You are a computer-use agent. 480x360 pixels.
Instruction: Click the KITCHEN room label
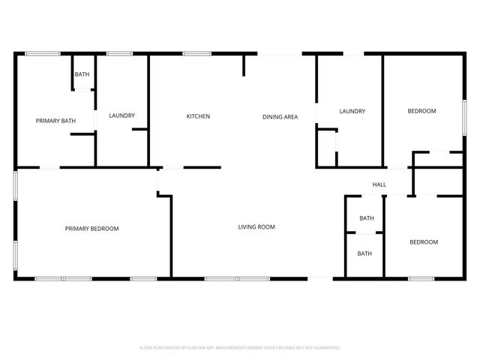(198, 116)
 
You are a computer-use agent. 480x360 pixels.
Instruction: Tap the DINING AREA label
(280, 116)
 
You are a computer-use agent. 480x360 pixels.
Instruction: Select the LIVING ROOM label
(256, 226)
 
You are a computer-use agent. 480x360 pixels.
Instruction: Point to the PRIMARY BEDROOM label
(91, 229)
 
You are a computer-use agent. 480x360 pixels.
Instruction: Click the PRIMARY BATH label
(56, 121)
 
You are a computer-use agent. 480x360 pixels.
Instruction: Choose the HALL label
(379, 184)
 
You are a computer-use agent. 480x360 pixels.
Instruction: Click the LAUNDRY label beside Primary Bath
(121, 115)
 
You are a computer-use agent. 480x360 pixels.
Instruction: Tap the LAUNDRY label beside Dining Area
(352, 112)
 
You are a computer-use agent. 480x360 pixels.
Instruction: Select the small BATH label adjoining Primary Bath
(82, 74)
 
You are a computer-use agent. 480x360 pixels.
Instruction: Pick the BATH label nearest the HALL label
(366, 218)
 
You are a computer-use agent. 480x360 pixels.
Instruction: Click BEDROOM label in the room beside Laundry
(421, 112)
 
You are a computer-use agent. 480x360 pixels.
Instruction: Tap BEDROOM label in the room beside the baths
(423, 241)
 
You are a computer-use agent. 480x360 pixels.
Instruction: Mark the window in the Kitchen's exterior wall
(196, 53)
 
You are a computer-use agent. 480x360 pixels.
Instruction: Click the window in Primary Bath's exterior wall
(43, 53)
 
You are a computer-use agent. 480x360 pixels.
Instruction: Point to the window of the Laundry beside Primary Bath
(119, 53)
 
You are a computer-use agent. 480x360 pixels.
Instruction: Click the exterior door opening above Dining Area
(280, 54)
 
